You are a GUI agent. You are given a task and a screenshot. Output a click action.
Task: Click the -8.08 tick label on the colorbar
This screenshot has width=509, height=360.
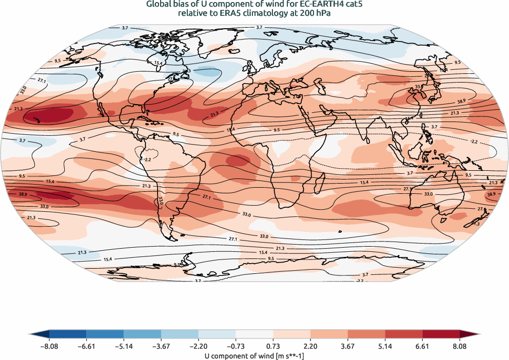[x=49, y=347]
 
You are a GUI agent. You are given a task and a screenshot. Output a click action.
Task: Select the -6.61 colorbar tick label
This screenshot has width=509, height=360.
[x=86, y=347]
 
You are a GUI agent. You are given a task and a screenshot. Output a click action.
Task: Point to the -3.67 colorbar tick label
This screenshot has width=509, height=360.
[x=161, y=347]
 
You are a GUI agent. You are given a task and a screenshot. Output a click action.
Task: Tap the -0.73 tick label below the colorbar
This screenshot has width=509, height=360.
[x=236, y=347]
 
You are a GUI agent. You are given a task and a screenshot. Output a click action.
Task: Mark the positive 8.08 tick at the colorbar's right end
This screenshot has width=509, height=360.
[x=460, y=347]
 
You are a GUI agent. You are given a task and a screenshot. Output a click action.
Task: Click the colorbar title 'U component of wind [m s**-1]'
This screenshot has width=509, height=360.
[x=254, y=355]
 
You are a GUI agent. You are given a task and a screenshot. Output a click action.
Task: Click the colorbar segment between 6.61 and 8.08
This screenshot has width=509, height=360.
[x=441, y=334]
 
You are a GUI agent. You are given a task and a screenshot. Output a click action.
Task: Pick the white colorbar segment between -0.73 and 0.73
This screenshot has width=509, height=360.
[x=254, y=334]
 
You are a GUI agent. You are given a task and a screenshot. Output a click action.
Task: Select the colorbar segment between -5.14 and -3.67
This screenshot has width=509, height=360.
[x=142, y=334]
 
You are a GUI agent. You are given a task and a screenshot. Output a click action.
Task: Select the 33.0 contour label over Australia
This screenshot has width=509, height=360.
[x=429, y=194]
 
